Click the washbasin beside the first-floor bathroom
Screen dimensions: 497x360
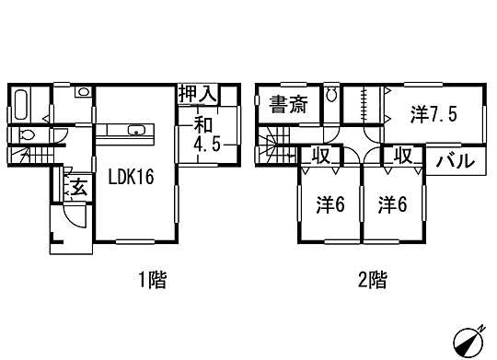(x=82, y=92)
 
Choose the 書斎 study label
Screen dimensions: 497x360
(x=287, y=104)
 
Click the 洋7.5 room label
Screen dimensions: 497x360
(x=433, y=115)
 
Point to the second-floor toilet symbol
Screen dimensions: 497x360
(x=332, y=96)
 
